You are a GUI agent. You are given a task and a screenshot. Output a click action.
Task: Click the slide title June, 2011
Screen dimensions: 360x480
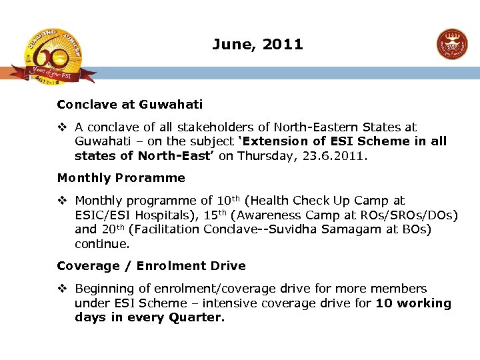(x=257, y=45)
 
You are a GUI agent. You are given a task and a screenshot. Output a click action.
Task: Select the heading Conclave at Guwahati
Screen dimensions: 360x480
(x=130, y=105)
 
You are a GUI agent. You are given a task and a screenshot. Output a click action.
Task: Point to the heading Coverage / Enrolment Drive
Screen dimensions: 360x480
(x=151, y=266)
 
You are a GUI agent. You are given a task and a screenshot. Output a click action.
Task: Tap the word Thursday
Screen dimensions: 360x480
(x=261, y=156)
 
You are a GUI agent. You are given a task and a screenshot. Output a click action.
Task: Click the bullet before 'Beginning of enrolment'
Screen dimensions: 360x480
(x=62, y=289)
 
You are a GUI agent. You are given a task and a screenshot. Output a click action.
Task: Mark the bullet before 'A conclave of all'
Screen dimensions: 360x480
(x=62, y=127)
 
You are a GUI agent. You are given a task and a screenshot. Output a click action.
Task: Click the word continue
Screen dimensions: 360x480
(x=102, y=244)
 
